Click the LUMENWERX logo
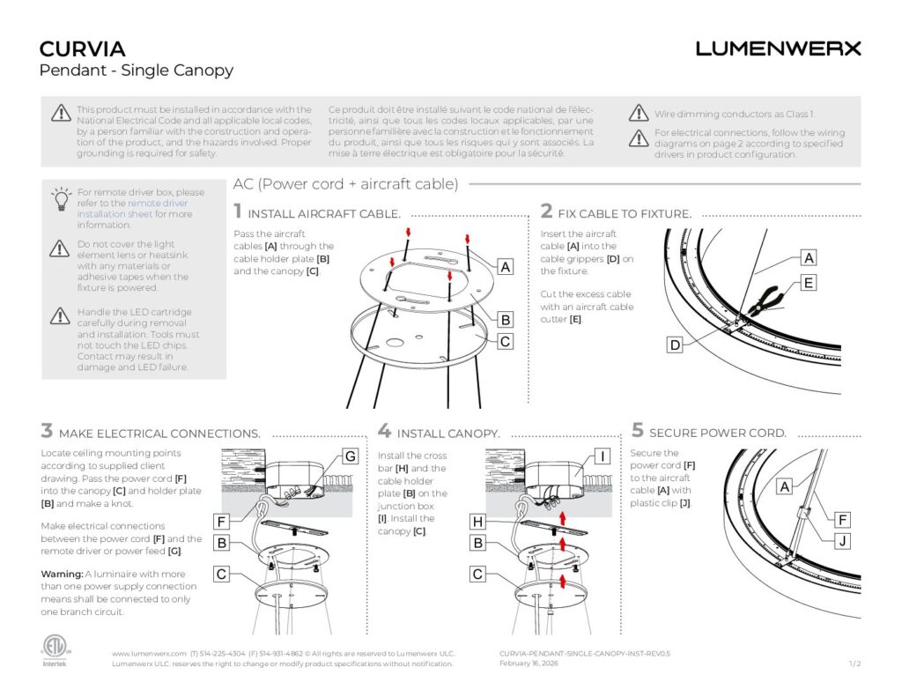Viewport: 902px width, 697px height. pyautogui.click(x=778, y=48)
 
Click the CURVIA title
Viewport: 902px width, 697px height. pyautogui.click(x=83, y=48)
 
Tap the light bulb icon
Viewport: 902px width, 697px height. pyautogui.click(x=60, y=198)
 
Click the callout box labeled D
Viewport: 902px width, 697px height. pyautogui.click(x=675, y=345)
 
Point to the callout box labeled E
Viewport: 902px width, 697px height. pyautogui.click(x=809, y=283)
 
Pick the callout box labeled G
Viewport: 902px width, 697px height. pyautogui.click(x=350, y=456)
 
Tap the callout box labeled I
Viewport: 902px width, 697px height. pyautogui.click(x=603, y=456)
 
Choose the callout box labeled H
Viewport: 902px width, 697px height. pyautogui.click(x=477, y=522)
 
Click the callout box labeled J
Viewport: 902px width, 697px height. pyautogui.click(x=843, y=541)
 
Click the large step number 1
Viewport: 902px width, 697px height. pyautogui.click(x=238, y=211)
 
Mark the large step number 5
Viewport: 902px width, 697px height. pyautogui.click(x=638, y=431)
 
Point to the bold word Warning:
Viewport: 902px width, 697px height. pyautogui.click(x=63, y=574)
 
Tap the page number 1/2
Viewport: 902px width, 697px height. pyautogui.click(x=854, y=663)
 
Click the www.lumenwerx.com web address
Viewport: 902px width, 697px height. pyautogui.click(x=149, y=653)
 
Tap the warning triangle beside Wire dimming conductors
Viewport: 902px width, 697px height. pyautogui.click(x=639, y=114)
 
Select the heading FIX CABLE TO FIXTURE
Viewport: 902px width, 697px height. pyautogui.click(x=625, y=213)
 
